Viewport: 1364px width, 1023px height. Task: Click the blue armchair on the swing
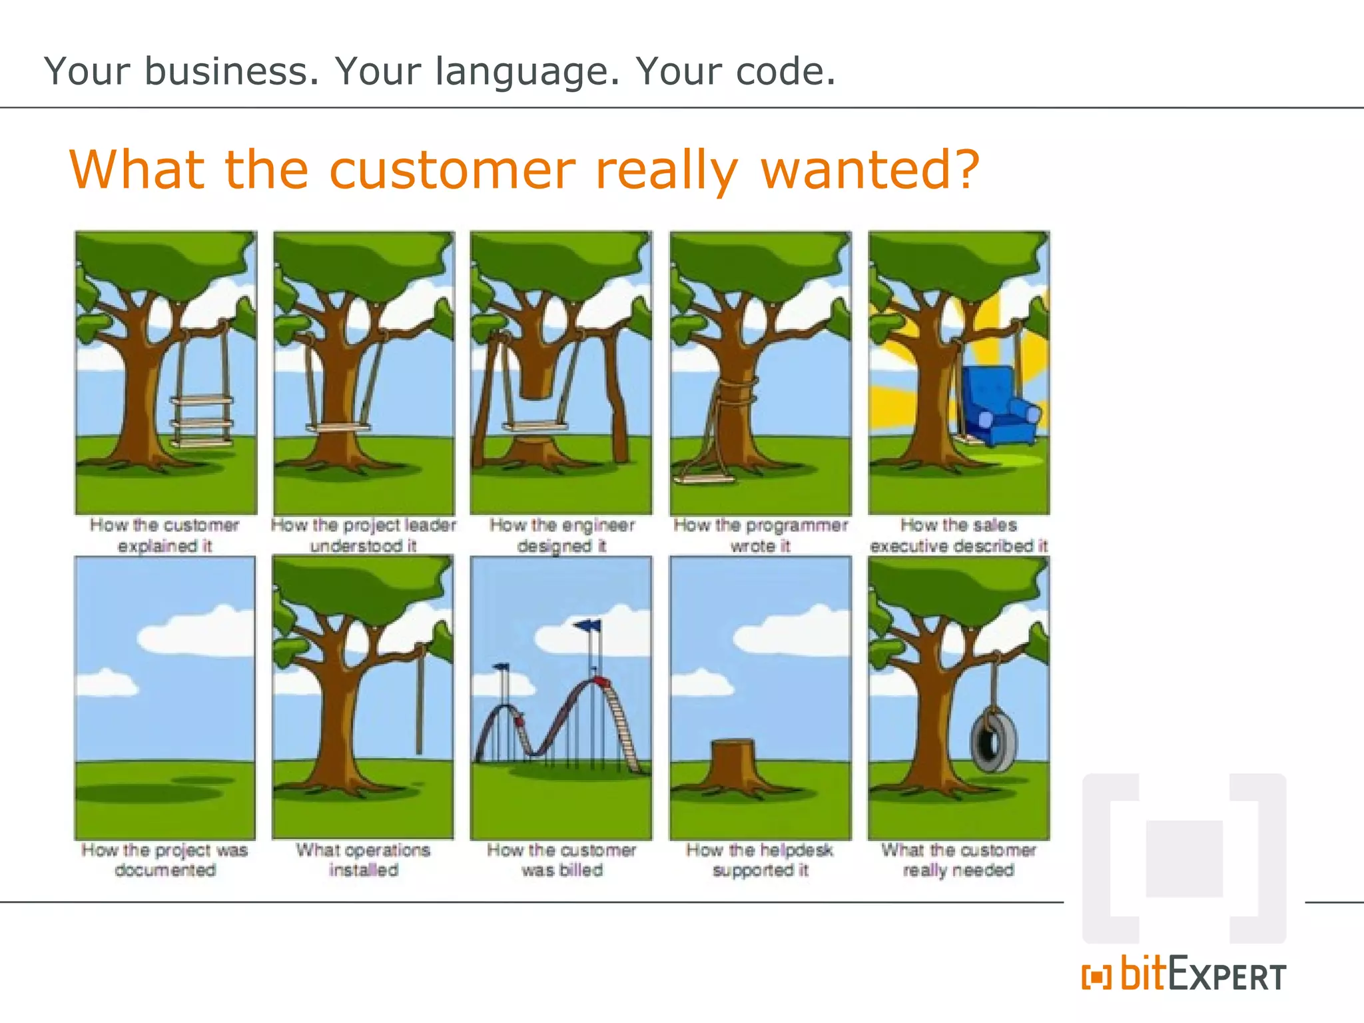click(999, 406)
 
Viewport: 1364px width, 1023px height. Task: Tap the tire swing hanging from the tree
click(993, 739)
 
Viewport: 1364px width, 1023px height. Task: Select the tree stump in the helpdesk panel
click(733, 763)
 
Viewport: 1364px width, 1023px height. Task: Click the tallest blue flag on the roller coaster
click(588, 625)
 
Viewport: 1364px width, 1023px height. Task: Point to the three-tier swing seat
click(202, 422)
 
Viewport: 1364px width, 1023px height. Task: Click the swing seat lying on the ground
click(704, 478)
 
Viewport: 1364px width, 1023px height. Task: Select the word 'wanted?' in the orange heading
click(870, 170)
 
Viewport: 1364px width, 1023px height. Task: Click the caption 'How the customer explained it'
click(165, 535)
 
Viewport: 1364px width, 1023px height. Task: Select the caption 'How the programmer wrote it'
click(760, 535)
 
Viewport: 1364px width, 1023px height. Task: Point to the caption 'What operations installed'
click(364, 860)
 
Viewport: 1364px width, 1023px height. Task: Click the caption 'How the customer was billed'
click(561, 860)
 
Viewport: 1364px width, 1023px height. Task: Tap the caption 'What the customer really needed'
click(958, 860)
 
